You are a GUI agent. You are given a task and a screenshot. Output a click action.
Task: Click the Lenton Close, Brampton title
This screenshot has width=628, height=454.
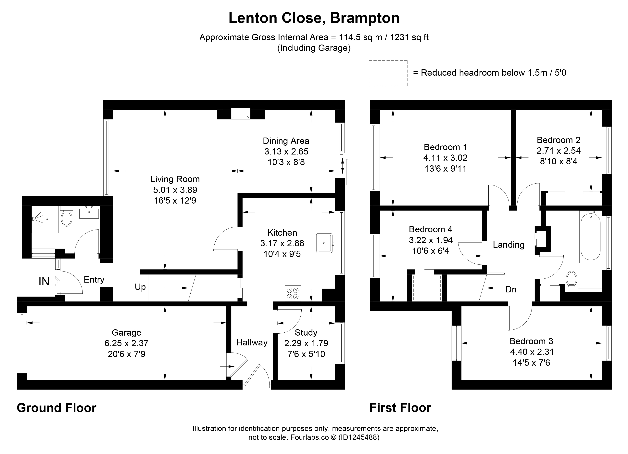(314, 18)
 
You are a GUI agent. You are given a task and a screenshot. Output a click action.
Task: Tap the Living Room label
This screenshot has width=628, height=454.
(175, 179)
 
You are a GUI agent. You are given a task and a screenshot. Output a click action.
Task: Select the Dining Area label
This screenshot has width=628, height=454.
(286, 141)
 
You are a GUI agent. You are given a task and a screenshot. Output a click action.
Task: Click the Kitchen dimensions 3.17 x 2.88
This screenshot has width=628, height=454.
(282, 243)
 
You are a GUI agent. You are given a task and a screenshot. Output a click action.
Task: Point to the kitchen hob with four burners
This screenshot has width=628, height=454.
(293, 293)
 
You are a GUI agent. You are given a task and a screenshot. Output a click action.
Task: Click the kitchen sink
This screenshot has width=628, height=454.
(324, 243)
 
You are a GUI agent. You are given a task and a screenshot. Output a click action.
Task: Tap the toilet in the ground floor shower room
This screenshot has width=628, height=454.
(67, 216)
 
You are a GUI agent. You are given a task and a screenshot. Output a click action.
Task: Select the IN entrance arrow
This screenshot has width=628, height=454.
(56, 282)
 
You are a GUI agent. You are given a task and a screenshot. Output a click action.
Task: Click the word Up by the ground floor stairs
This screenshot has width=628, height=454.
(140, 287)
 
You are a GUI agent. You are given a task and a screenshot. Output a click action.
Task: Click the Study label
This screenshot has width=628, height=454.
(306, 333)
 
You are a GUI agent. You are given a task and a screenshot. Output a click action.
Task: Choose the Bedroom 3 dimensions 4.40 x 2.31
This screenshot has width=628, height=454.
(532, 352)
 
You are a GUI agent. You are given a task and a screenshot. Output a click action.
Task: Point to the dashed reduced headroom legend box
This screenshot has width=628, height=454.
(388, 73)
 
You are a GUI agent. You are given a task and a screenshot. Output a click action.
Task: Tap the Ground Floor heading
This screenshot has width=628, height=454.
(57, 408)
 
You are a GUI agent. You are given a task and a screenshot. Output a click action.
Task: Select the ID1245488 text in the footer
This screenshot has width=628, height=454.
(359, 437)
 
